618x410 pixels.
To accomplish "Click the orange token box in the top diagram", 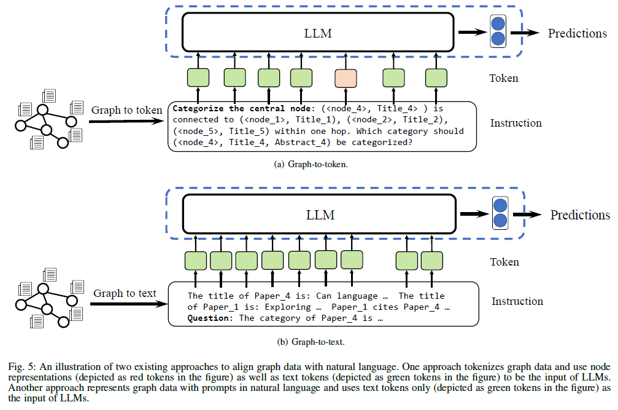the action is (346, 78).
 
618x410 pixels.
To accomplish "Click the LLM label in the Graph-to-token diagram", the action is (318, 33).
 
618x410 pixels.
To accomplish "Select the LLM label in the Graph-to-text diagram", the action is (320, 215).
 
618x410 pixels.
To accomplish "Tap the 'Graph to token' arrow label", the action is (126, 110).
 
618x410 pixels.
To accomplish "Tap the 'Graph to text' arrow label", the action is (125, 293).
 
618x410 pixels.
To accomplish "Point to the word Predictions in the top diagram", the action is (577, 34).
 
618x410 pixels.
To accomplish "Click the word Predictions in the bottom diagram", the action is (580, 215).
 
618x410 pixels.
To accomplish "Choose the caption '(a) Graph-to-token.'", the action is (311, 164).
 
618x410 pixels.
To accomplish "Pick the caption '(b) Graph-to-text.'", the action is (311, 342).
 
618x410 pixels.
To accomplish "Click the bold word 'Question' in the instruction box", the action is (208, 318).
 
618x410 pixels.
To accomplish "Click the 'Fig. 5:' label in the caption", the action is (23, 367).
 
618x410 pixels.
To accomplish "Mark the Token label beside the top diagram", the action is (504, 78).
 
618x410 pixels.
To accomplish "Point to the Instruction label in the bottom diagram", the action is (517, 301).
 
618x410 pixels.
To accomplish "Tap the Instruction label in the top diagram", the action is (516, 123).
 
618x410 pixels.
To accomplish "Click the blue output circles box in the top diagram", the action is (498, 31).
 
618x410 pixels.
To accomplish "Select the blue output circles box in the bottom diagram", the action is (500, 213).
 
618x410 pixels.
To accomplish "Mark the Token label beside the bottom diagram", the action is (504, 262).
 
